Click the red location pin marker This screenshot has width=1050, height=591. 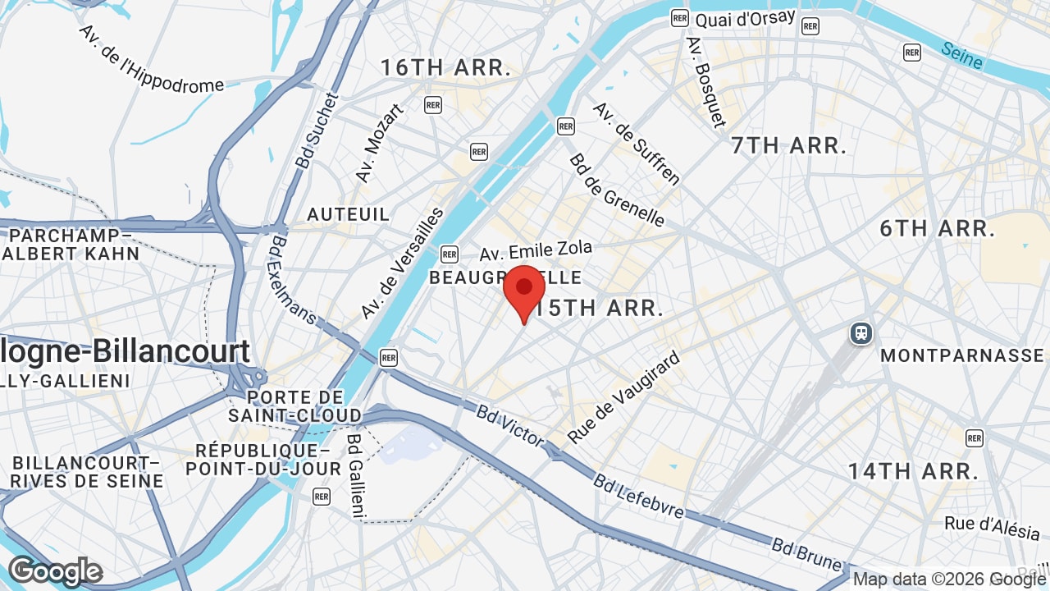(524, 290)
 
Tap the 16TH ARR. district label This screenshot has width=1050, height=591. (445, 68)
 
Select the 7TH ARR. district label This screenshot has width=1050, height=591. (788, 146)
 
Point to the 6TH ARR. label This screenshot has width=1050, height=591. (938, 228)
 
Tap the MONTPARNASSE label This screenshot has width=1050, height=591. (961, 356)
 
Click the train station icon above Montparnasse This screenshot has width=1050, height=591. (861, 333)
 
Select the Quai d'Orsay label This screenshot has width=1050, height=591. (745, 18)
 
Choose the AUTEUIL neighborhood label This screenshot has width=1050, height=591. (348, 214)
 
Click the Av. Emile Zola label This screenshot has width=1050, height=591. (536, 250)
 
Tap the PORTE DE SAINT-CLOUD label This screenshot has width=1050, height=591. (294, 406)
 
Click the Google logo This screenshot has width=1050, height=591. (55, 571)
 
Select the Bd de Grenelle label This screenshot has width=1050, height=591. (617, 190)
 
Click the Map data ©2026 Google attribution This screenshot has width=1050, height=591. (949, 580)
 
